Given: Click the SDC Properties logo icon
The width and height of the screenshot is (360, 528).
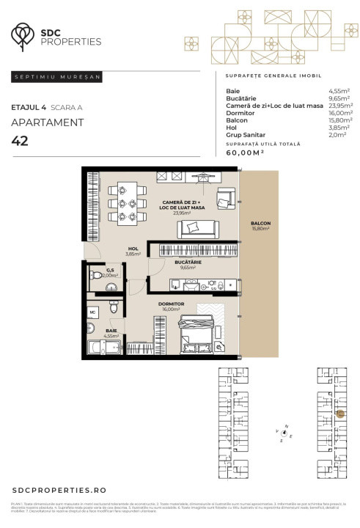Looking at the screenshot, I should tap(24, 34).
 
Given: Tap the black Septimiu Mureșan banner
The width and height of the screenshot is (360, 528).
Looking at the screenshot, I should tap(57, 76).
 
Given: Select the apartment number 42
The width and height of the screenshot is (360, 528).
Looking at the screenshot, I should tap(20, 141).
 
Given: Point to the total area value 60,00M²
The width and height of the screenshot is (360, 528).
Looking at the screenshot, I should tap(246, 153).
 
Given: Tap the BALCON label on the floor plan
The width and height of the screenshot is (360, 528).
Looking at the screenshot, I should tap(260, 226).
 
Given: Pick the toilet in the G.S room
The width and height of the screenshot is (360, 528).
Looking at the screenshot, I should tap(96, 277).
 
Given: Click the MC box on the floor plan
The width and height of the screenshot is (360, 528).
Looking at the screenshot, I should tap(93, 312).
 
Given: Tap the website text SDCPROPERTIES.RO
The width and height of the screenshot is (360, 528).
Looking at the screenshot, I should tap(59, 489).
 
